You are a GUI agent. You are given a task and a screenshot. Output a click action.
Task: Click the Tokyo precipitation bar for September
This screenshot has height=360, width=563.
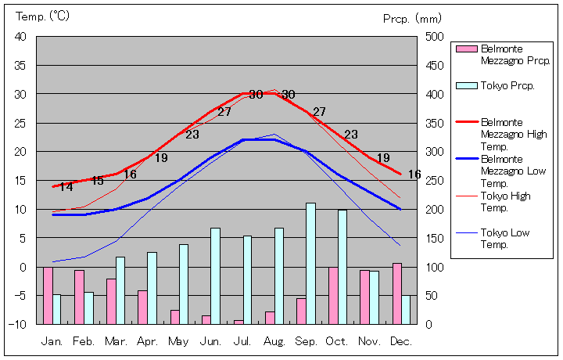(x=310, y=263)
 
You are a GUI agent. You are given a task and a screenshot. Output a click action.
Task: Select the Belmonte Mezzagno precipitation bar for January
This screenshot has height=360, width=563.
(x=48, y=295)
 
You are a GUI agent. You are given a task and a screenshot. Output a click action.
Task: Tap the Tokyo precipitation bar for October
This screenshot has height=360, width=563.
(x=342, y=266)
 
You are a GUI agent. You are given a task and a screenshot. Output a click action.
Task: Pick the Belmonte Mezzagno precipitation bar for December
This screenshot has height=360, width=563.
(x=396, y=293)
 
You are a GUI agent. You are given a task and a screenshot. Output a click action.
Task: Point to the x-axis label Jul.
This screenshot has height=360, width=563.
(x=242, y=342)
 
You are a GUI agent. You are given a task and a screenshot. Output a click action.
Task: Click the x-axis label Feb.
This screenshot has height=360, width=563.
(x=84, y=342)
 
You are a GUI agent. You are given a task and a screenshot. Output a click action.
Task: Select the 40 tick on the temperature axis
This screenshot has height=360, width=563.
(x=20, y=37)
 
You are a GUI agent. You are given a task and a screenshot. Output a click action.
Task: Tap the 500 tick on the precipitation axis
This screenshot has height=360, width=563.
(x=434, y=37)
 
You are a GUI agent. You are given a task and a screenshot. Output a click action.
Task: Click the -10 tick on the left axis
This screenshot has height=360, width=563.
(x=19, y=324)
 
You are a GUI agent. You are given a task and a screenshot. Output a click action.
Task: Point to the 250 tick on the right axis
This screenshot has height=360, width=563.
(x=434, y=181)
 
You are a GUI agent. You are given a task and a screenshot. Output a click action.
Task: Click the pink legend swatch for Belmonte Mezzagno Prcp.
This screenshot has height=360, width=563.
(x=466, y=49)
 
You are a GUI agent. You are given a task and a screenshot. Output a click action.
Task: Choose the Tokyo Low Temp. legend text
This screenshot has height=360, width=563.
(x=504, y=238)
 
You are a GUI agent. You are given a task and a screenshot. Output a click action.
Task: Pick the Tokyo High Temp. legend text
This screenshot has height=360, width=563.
(x=504, y=201)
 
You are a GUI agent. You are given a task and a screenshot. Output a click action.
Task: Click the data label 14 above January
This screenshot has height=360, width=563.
(x=66, y=186)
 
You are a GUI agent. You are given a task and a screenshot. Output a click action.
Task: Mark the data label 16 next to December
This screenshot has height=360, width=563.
(x=414, y=175)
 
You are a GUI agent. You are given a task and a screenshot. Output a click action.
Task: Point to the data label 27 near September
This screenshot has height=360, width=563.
(x=319, y=112)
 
